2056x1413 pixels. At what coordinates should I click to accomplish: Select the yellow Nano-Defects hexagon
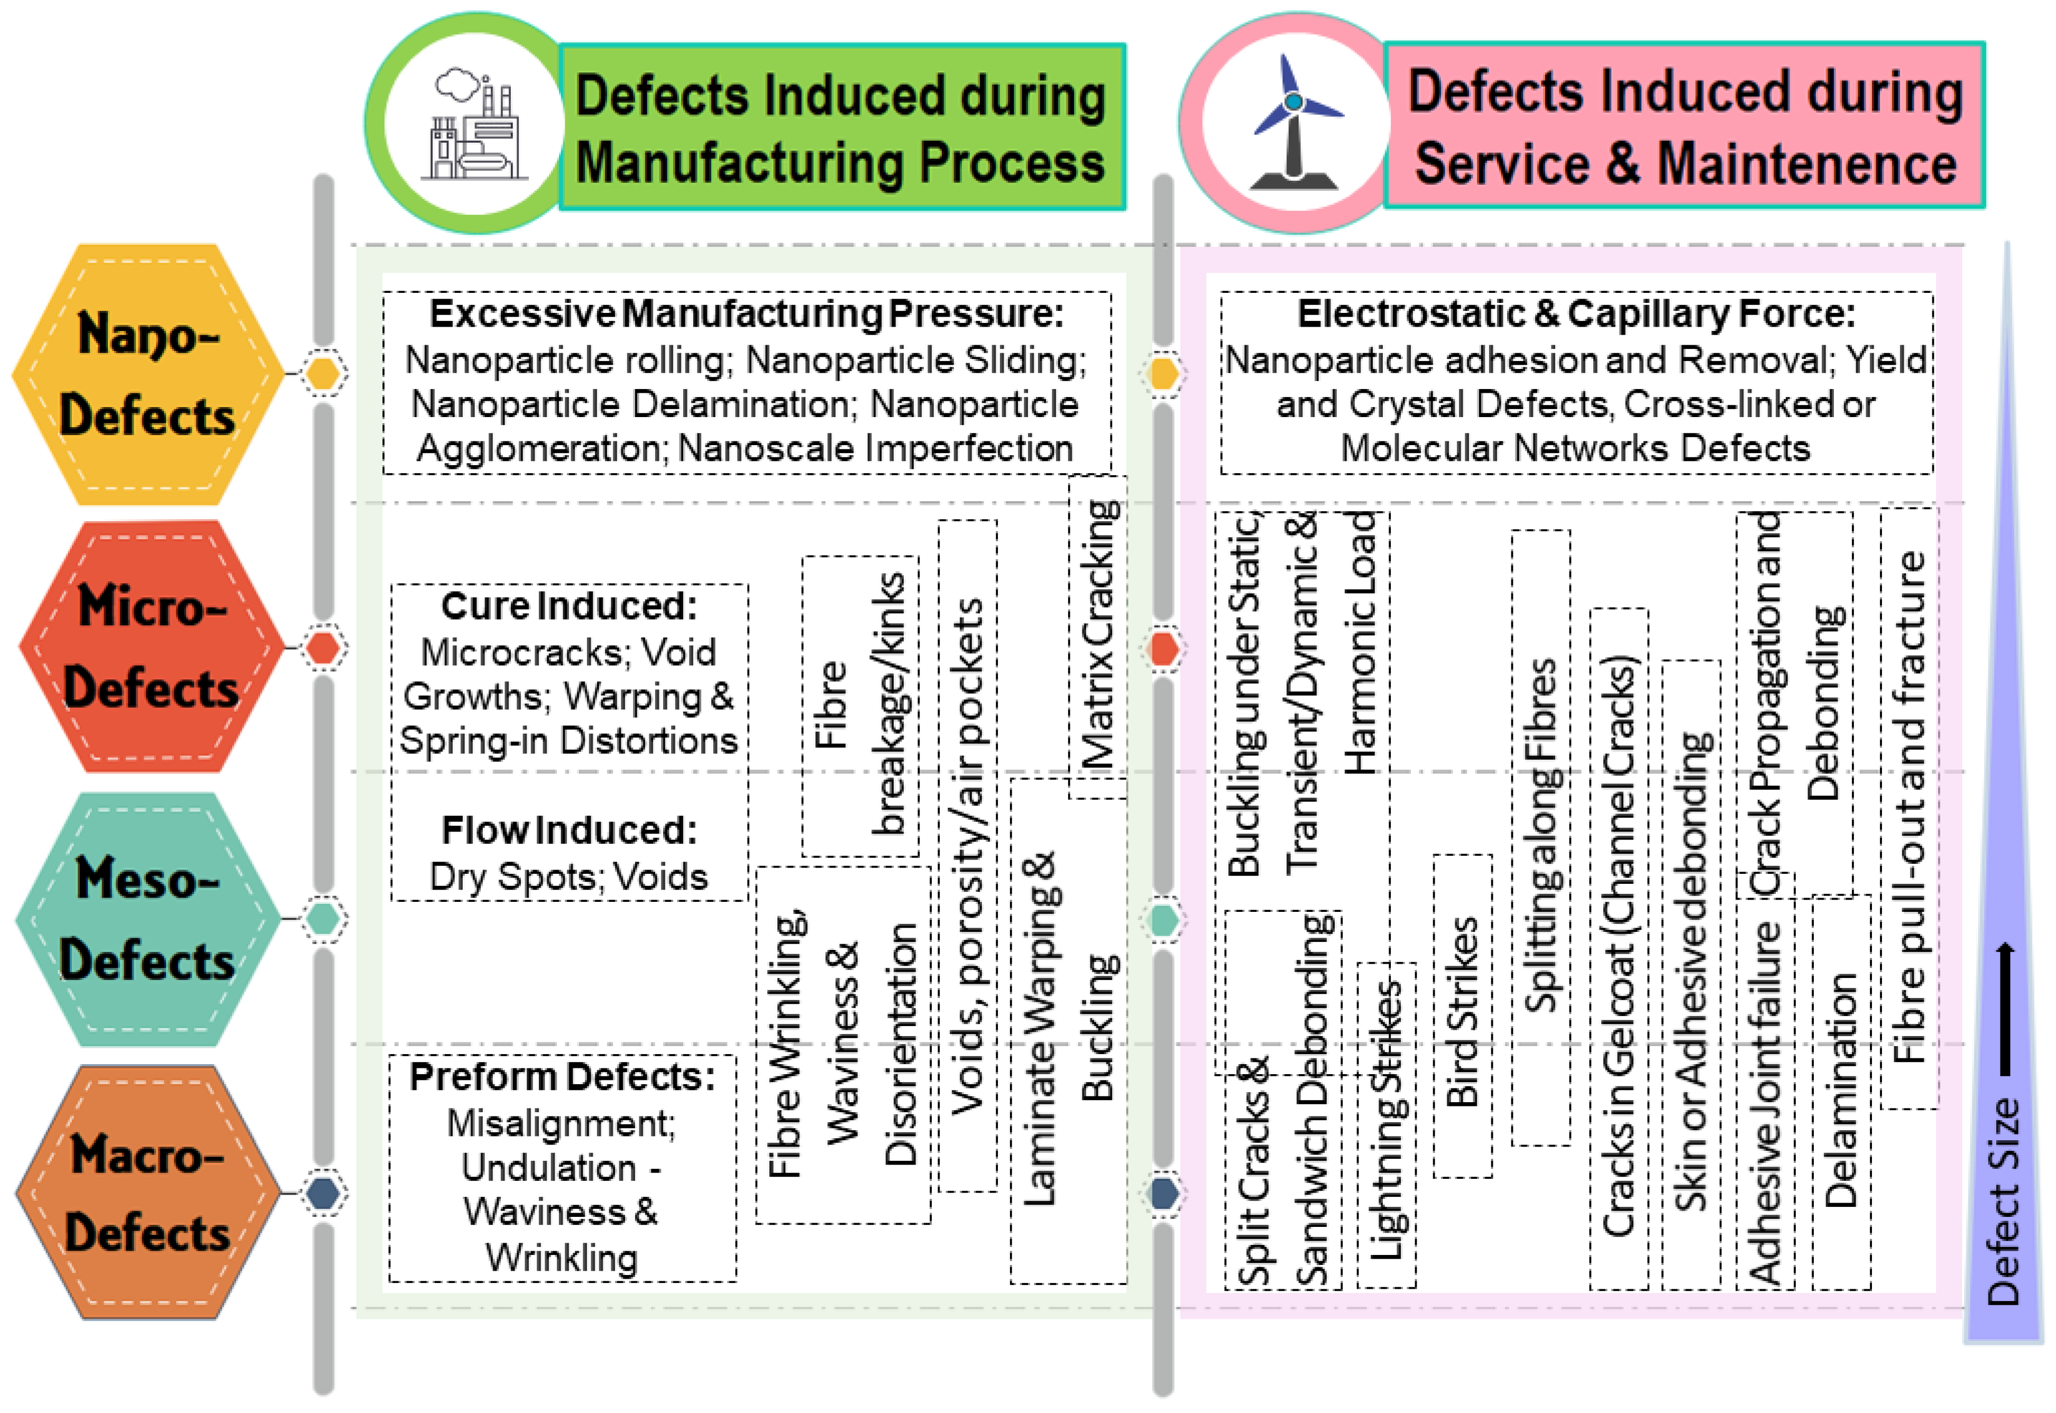(148, 374)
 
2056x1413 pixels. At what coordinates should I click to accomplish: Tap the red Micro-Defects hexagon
(151, 647)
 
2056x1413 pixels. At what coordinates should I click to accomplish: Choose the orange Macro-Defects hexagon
(148, 1193)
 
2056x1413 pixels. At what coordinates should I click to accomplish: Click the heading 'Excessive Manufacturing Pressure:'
(747, 313)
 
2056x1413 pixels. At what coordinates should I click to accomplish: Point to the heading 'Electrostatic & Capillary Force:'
(1576, 313)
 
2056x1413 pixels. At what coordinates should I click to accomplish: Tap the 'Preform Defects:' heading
(562, 1077)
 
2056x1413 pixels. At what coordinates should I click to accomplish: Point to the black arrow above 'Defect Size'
(2006, 1009)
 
